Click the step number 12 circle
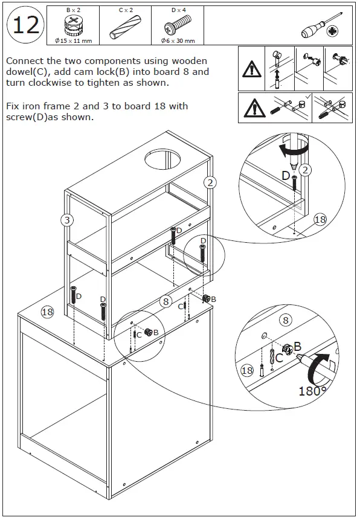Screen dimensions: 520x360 pyautogui.click(x=25, y=25)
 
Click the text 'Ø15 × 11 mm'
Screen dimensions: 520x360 pyautogui.click(x=72, y=40)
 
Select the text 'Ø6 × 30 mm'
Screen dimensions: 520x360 pyautogui.click(x=178, y=40)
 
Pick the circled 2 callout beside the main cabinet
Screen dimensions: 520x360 pyautogui.click(x=210, y=182)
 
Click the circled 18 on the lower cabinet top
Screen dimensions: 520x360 pyautogui.click(x=47, y=312)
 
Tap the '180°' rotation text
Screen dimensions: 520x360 pyautogui.click(x=312, y=390)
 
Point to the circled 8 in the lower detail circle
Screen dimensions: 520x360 pyautogui.click(x=286, y=321)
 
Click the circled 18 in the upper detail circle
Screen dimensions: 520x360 pyautogui.click(x=320, y=219)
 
